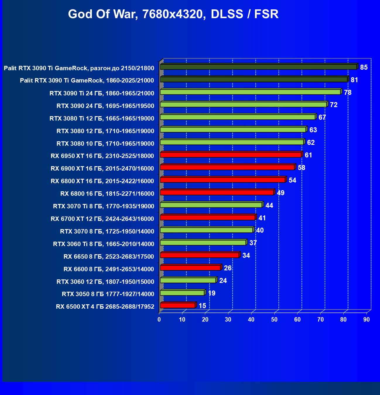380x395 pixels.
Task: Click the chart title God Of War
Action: click(173, 14)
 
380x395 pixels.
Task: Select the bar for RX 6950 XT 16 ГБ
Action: click(231, 155)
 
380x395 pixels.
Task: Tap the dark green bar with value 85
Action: click(258, 67)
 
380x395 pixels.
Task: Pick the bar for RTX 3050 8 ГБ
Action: click(182, 293)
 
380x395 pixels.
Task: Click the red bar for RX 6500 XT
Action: click(178, 305)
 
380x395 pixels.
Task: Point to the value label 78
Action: click(348, 92)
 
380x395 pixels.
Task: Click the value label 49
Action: click(280, 193)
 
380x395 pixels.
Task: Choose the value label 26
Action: click(227, 268)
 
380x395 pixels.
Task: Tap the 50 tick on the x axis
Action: click(274, 320)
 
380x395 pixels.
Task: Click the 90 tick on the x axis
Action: click(367, 320)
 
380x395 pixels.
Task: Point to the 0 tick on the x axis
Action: click(159, 320)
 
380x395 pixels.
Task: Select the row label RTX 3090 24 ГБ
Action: click(105, 106)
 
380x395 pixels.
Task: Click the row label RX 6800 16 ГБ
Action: click(107, 194)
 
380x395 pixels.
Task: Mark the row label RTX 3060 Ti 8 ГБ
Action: click(104, 244)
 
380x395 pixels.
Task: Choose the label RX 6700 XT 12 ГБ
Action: click(102, 219)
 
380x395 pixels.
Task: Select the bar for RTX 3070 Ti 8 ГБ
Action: click(211, 205)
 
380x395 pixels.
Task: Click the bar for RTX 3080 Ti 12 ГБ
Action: click(237, 117)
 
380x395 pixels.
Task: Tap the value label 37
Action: click(253, 243)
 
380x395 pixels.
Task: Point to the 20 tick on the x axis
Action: click(205, 320)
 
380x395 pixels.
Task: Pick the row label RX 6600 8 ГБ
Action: click(109, 269)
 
